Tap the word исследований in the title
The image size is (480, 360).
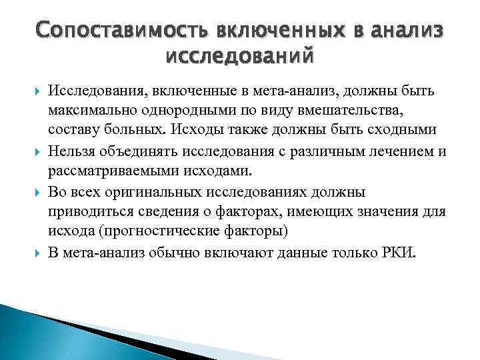240,60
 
